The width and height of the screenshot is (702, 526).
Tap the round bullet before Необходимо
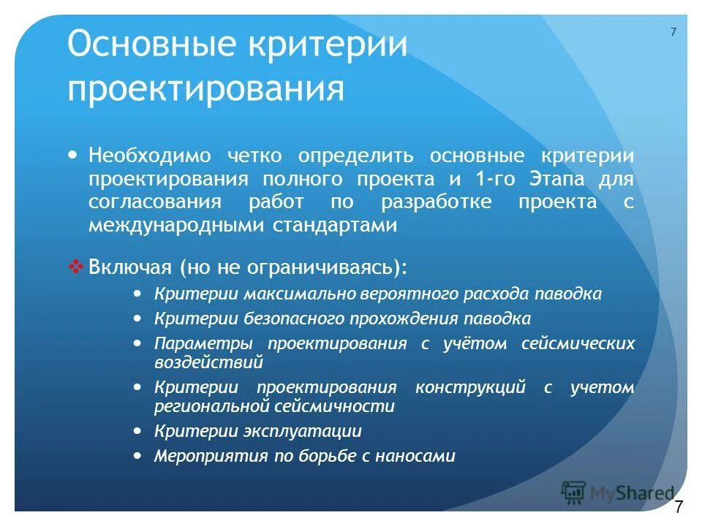pyautogui.click(x=72, y=156)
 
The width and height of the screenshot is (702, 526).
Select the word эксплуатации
pyautogui.click(x=301, y=431)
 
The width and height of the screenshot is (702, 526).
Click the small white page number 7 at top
pyautogui.click(x=673, y=31)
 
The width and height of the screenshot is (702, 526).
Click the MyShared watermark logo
pyautogui.click(x=618, y=493)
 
